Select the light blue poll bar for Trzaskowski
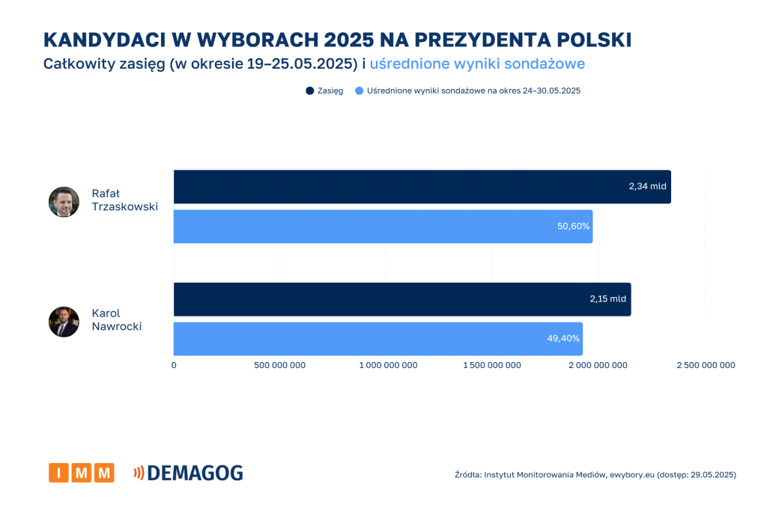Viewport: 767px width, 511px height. (383, 226)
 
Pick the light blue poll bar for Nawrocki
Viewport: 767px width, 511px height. (378, 339)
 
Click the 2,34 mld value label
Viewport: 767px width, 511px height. (647, 186)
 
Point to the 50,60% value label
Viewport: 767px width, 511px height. (574, 226)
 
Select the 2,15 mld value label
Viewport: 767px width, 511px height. (607, 299)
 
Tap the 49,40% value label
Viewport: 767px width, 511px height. (563, 339)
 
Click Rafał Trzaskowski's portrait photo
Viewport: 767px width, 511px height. (64, 202)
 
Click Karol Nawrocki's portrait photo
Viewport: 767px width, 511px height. (64, 322)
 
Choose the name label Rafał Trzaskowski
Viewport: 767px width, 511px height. (124, 200)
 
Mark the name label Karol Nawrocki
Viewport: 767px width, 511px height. (116, 319)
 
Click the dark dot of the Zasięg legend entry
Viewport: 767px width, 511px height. (309, 91)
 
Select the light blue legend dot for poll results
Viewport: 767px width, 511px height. (360, 91)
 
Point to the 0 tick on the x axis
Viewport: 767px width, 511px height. (174, 365)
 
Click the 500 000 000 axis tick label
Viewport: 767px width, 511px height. (279, 365)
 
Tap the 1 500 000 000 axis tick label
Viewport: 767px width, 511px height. (492, 365)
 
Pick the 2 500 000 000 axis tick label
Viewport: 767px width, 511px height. (705, 365)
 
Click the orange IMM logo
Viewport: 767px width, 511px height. (81, 473)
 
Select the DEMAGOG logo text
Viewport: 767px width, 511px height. (194, 473)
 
